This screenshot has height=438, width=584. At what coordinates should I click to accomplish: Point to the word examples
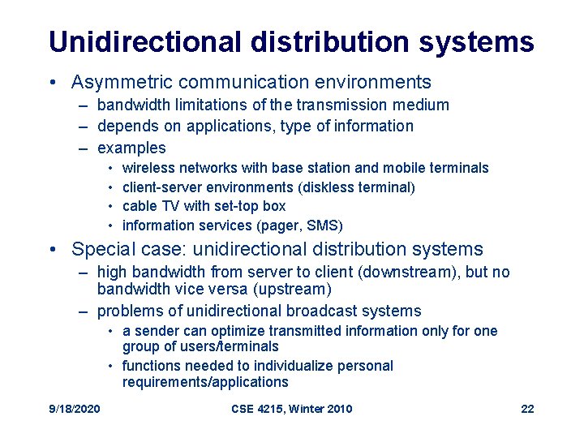(131, 148)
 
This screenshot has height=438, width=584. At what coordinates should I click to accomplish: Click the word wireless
(148, 168)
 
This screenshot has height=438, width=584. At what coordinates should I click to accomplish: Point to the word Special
(102, 249)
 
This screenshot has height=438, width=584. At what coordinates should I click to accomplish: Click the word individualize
(280, 366)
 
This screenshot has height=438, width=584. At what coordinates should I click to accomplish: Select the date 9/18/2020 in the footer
(74, 409)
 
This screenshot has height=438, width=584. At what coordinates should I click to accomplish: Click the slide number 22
(527, 409)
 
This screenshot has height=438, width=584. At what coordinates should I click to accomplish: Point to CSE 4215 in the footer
(258, 409)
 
